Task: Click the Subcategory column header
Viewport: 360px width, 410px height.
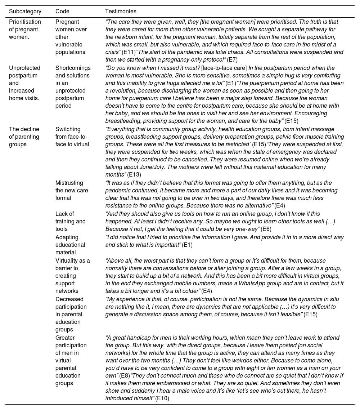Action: (25, 12)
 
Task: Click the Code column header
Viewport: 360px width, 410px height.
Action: (62, 12)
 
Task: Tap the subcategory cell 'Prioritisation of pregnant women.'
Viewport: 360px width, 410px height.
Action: (25, 29)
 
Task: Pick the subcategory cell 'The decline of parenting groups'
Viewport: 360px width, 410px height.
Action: (24, 137)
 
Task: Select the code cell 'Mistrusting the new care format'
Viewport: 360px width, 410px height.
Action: (71, 190)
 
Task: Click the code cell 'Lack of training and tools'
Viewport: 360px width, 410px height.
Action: (70, 221)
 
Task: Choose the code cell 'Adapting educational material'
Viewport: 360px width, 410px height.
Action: (70, 245)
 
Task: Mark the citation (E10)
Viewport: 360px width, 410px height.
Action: (162, 398)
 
